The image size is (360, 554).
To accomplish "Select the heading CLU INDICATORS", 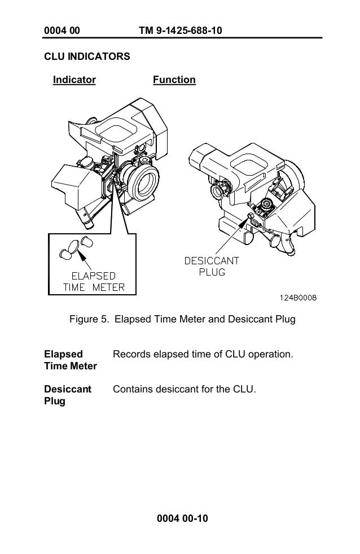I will pos(87,57).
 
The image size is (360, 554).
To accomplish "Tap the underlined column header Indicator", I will pos(74,80).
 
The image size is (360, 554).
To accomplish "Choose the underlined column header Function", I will pos(174,80).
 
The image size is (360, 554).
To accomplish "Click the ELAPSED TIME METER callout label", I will pos(93,282).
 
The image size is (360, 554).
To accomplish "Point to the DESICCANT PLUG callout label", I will pos(212,266).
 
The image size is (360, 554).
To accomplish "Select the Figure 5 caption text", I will pos(182,320).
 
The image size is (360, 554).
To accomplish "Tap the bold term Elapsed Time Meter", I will pos(70,360).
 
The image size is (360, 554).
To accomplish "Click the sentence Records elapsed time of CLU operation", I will pos(203,355).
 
